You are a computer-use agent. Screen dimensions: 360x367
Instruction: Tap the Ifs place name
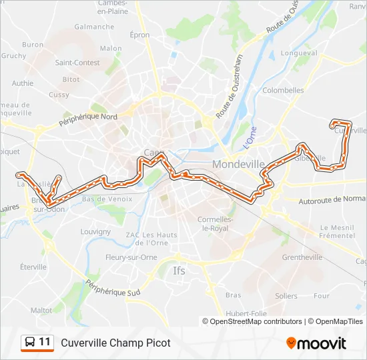click(x=179, y=271)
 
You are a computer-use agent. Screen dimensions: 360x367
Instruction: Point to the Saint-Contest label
click(x=77, y=63)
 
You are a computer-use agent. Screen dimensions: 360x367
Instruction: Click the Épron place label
click(x=140, y=35)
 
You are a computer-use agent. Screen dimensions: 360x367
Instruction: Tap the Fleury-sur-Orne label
click(x=131, y=257)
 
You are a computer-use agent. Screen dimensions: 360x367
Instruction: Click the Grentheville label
click(x=302, y=257)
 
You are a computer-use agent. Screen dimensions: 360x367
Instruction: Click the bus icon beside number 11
click(x=29, y=343)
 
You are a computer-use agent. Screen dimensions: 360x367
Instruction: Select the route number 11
click(x=45, y=342)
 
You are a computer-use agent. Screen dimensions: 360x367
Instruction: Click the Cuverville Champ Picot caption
click(x=115, y=343)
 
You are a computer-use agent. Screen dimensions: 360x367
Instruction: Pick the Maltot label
click(x=41, y=310)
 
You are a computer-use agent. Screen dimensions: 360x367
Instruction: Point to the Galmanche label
click(x=94, y=27)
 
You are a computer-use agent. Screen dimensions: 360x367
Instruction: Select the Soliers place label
click(x=286, y=295)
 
